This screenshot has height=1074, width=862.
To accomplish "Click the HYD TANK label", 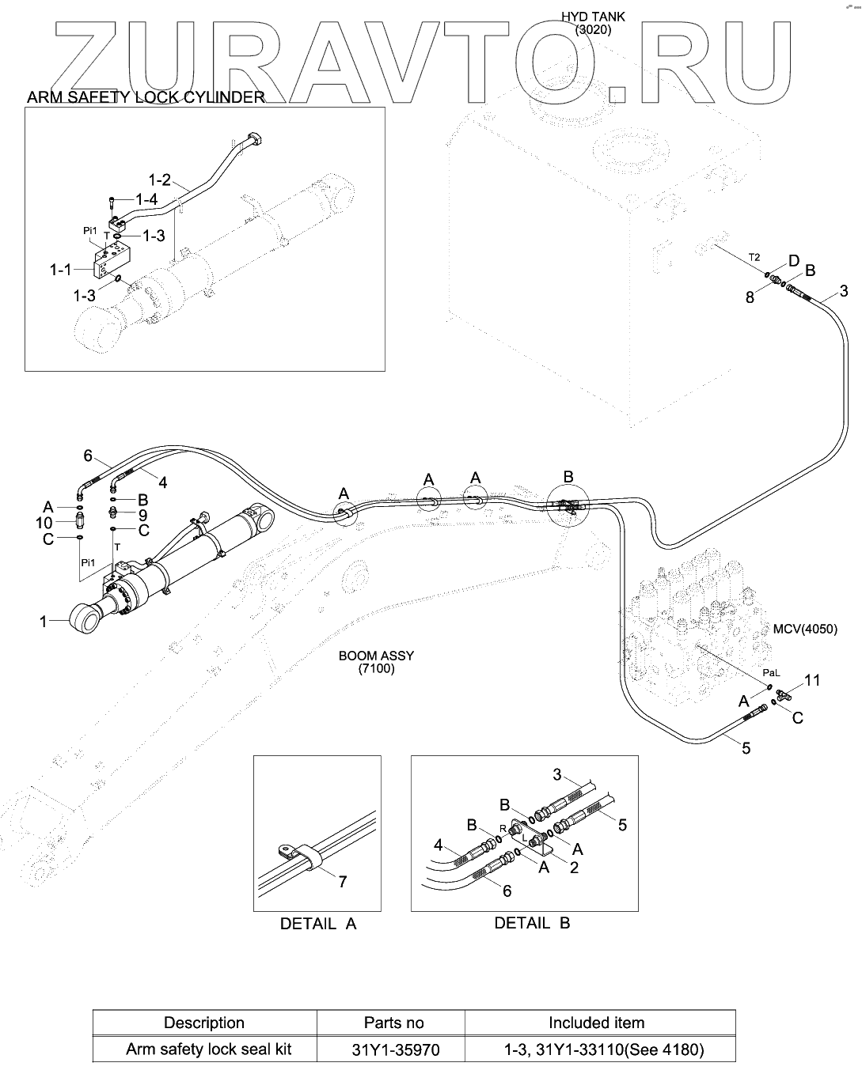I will pos(593,17).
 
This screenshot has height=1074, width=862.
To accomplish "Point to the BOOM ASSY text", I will pos(376,656).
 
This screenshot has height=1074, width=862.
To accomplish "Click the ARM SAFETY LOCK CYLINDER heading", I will pos(146,97).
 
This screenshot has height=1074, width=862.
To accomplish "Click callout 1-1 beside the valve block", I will pos(62,270).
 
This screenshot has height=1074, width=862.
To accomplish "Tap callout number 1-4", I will pos(146,200).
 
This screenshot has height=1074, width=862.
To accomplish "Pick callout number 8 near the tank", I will pos(750,298).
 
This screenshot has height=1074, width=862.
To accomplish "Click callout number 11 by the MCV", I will pos(812,680).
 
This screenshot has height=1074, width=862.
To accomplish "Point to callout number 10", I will pos(44,523).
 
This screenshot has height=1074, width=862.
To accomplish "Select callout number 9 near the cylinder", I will pos(142,514).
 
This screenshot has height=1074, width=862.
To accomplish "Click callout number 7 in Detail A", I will pos(342,881).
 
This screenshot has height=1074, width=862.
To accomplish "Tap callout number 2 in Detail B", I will pos(574,867).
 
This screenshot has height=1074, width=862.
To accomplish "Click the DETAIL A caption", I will pos(318,923).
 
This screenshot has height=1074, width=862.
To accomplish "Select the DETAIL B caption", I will pos(532,922).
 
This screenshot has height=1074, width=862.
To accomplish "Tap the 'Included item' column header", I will pos(596,1023).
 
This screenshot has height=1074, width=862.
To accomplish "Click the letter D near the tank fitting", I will pos(793,262).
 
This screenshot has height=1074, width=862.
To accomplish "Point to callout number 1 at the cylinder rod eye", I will pos(44,622).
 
